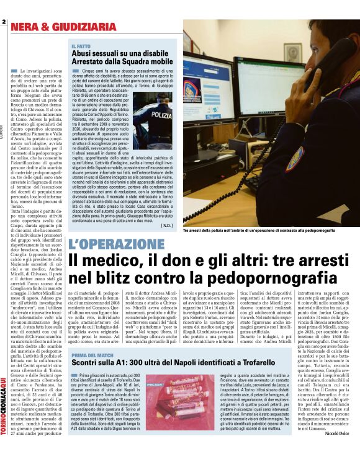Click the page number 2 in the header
click(x=4, y=23)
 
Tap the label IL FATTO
click(x=81, y=47)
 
